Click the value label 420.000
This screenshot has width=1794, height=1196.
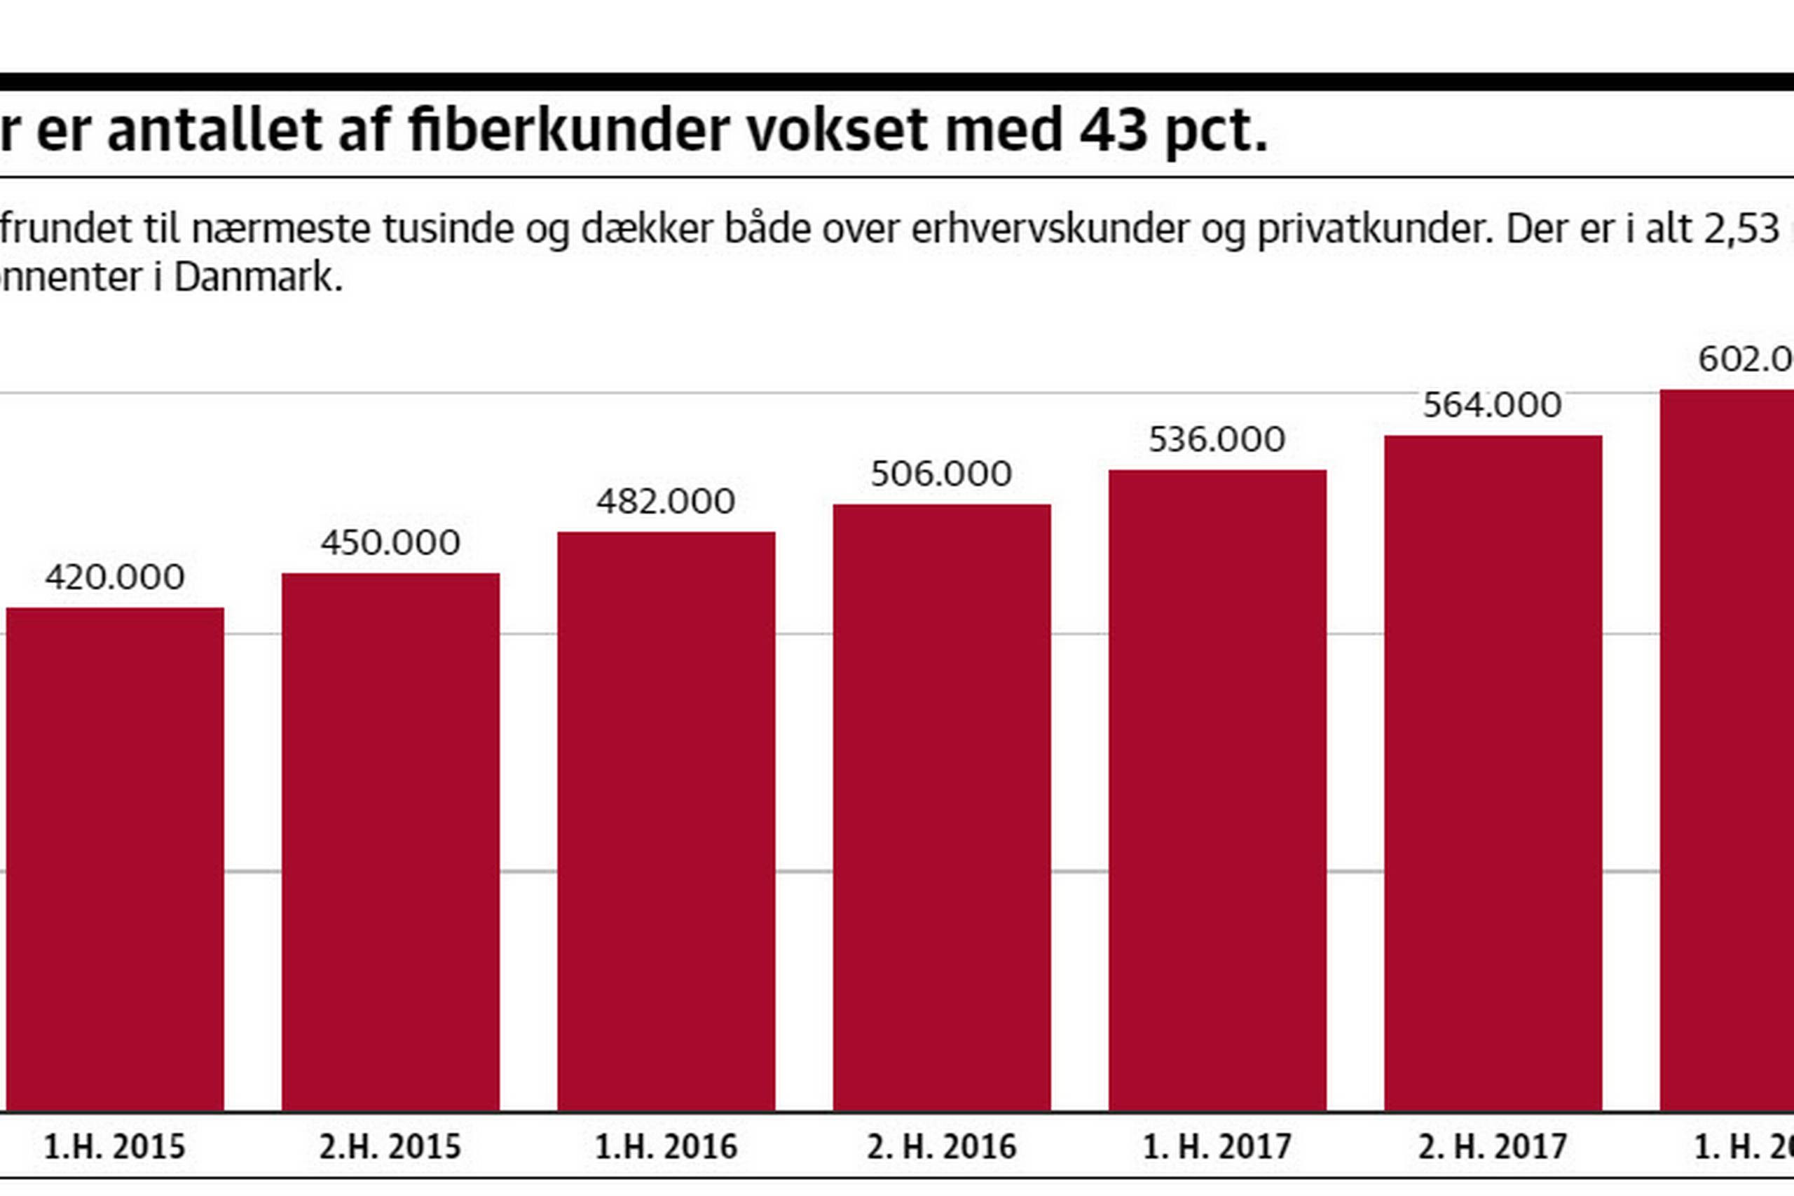(115, 577)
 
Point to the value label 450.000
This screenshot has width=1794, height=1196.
(390, 543)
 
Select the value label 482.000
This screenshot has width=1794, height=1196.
(666, 502)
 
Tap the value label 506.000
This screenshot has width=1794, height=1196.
(941, 474)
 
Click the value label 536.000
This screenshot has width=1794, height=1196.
(1217, 440)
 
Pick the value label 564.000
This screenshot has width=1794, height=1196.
(1493, 405)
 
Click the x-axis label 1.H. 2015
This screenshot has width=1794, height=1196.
(115, 1147)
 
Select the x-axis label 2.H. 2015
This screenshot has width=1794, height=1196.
(390, 1147)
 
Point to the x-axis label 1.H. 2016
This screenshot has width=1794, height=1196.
(666, 1147)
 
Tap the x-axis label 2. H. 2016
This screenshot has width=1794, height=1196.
(941, 1147)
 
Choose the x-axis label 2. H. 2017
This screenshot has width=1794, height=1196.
(1493, 1147)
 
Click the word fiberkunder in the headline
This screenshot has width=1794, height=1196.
(569, 130)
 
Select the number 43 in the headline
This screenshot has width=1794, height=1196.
(1113, 130)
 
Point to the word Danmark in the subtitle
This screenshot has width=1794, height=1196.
(258, 277)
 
